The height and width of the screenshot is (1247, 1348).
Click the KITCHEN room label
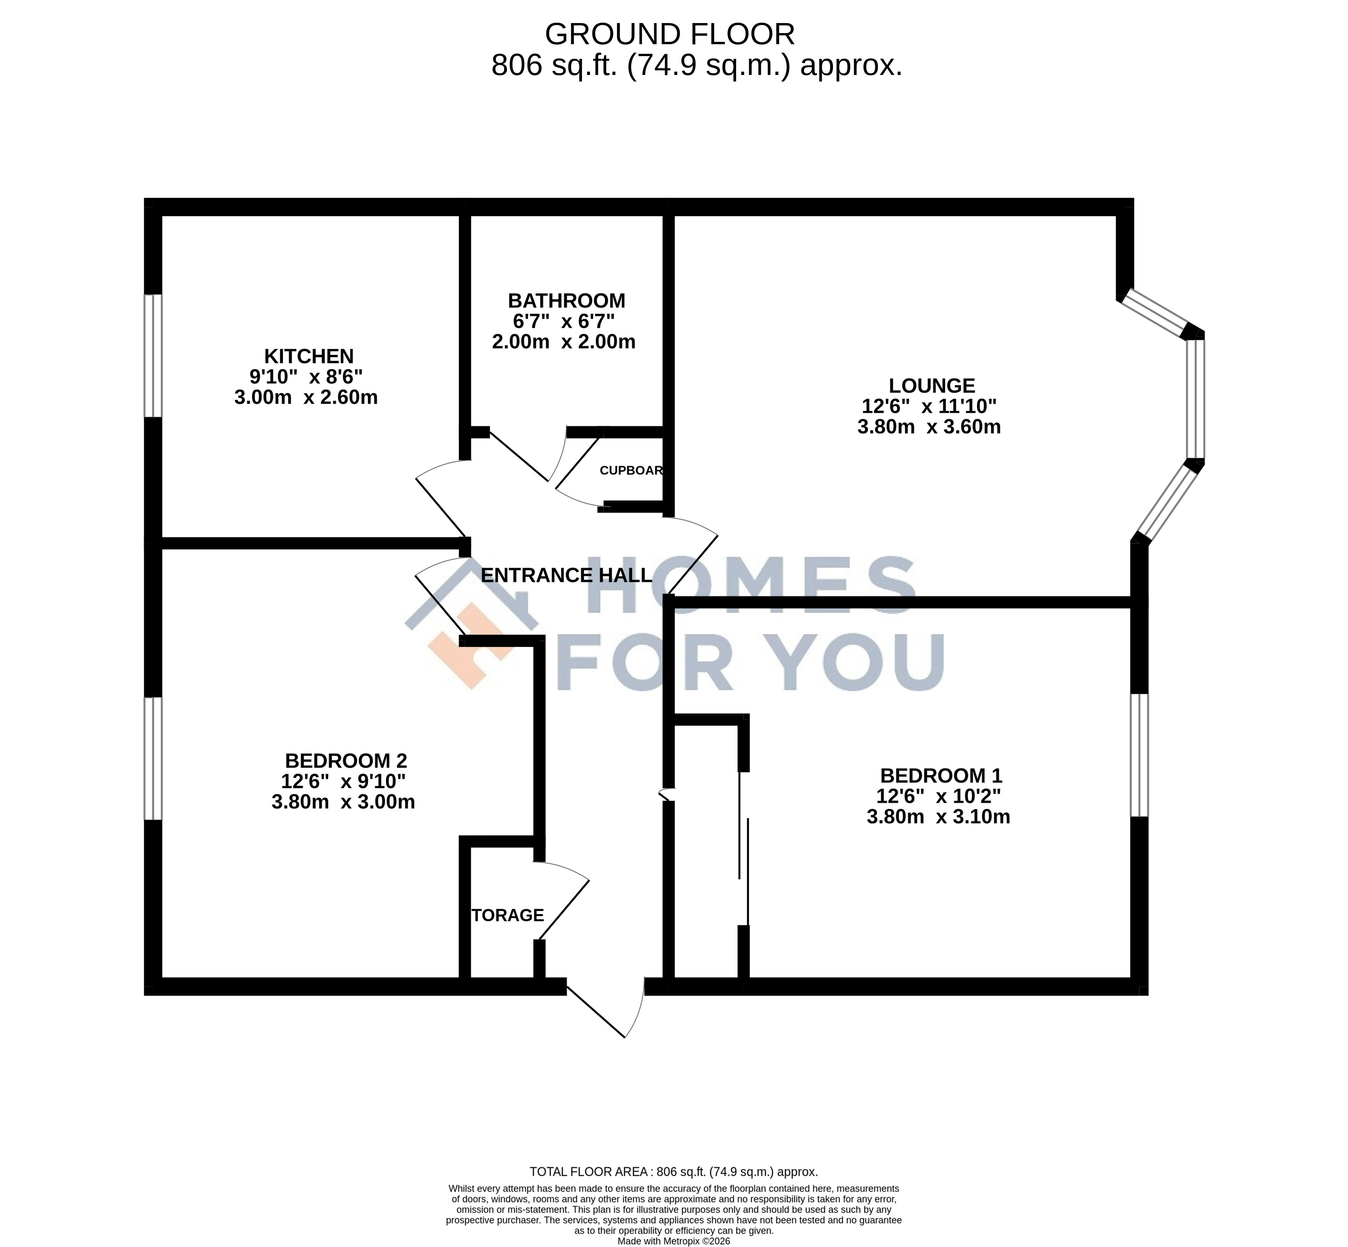(308, 356)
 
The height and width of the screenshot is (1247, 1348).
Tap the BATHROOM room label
(566, 300)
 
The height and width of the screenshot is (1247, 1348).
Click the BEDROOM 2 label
(346, 760)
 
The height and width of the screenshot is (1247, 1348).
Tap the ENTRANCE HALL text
(566, 575)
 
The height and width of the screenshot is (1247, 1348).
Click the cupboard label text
(631, 471)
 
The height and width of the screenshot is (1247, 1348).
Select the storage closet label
(507, 915)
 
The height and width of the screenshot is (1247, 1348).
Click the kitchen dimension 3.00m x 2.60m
(306, 397)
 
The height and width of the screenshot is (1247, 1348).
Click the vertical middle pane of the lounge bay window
(1195, 398)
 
